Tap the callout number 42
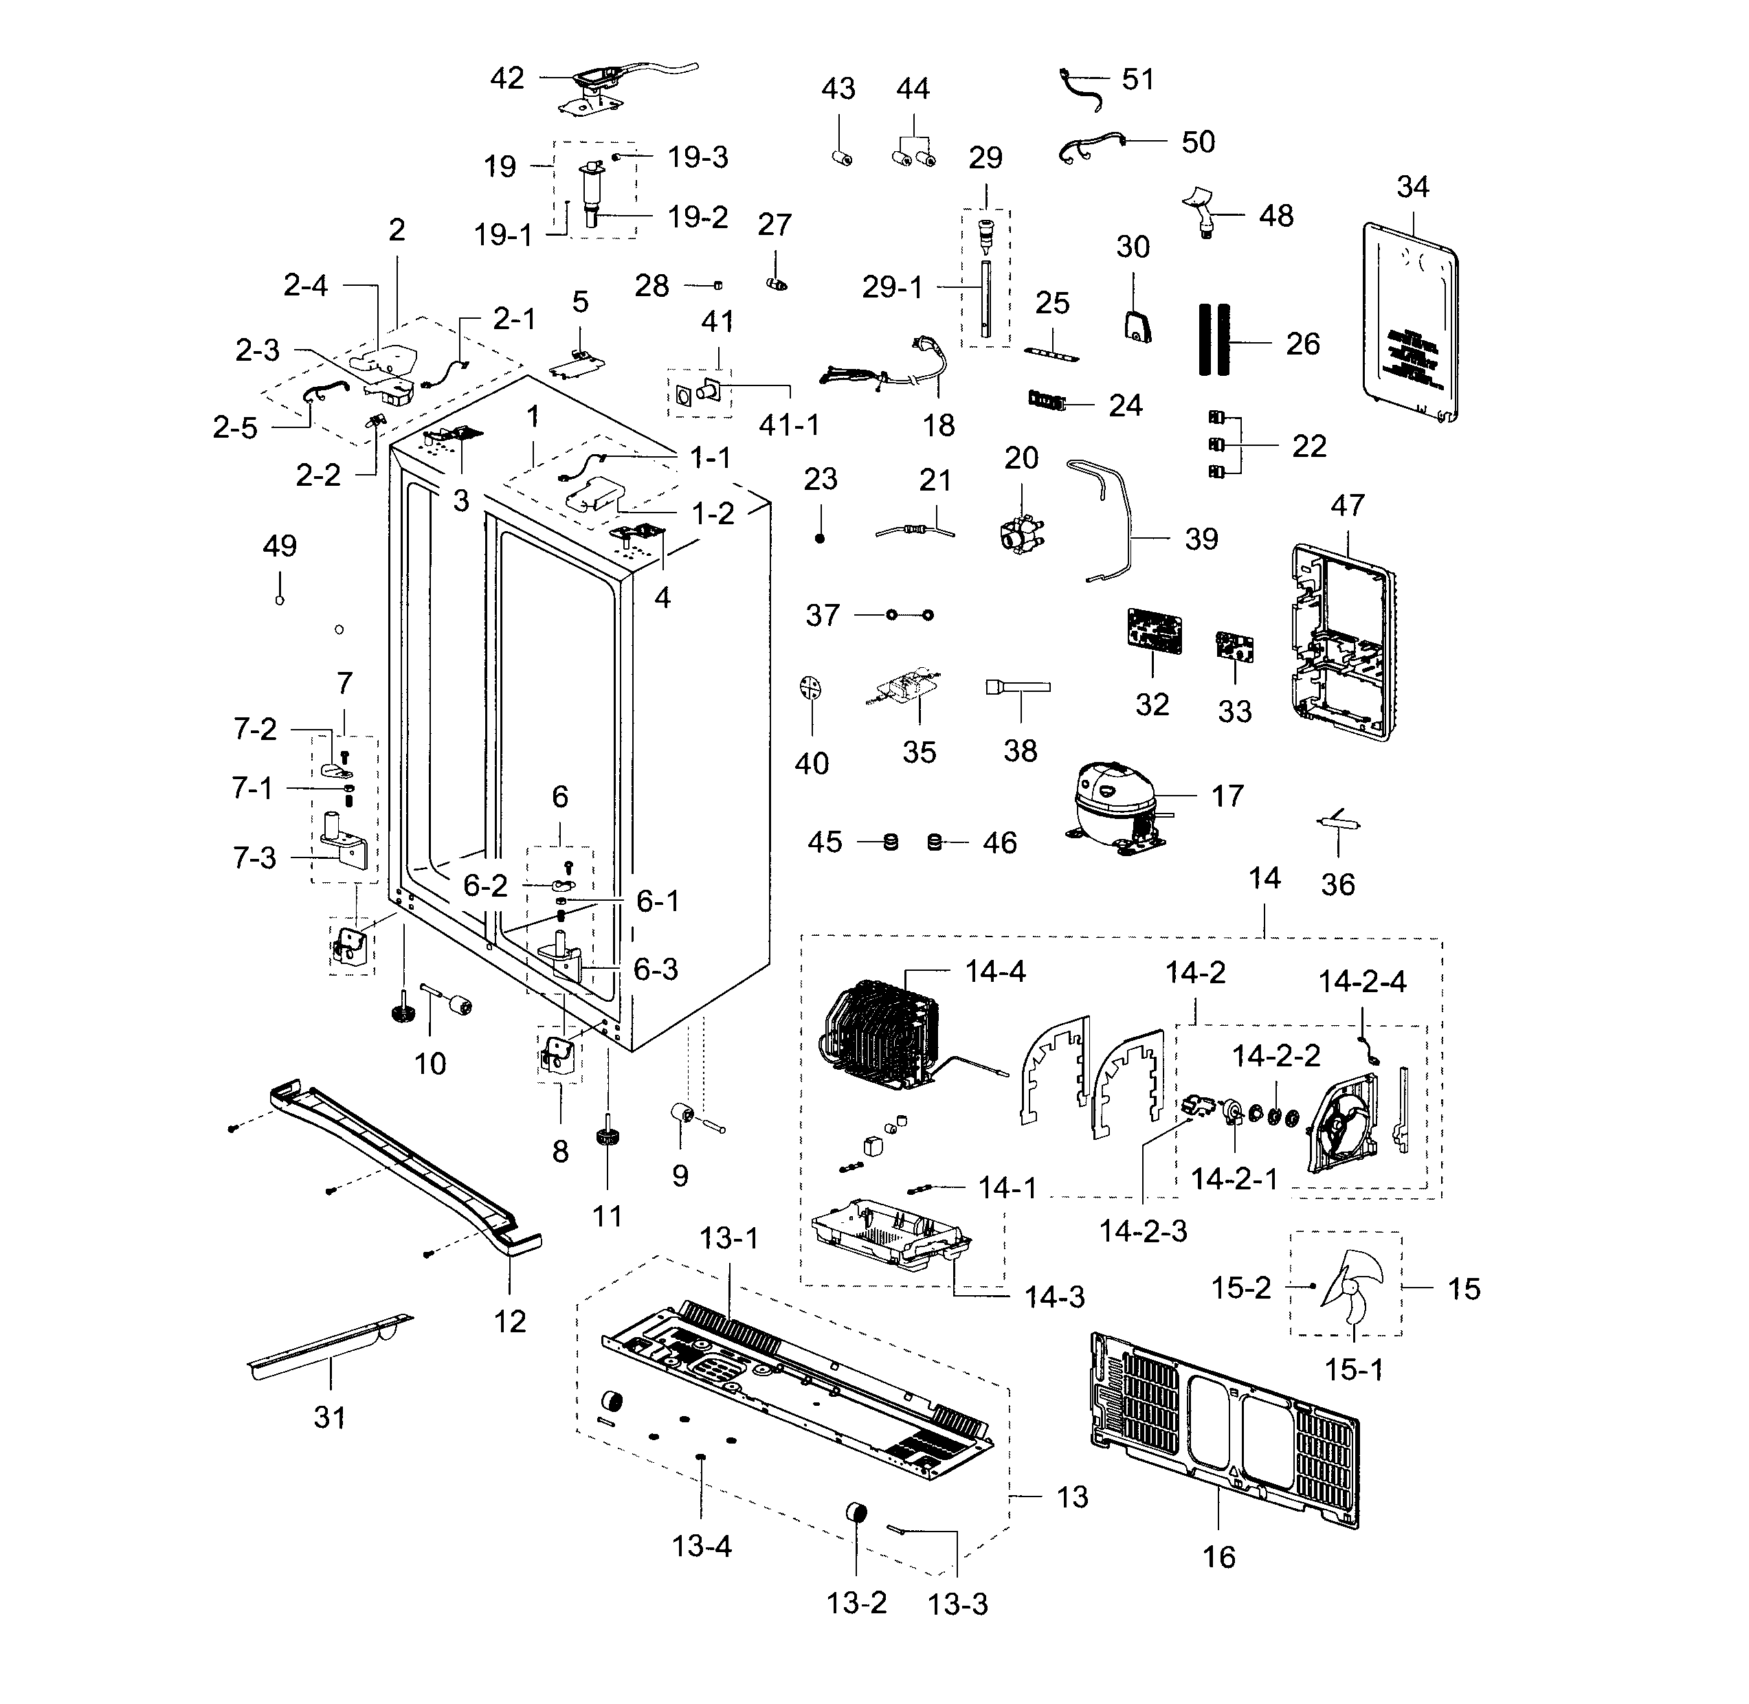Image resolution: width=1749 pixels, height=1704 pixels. click(506, 79)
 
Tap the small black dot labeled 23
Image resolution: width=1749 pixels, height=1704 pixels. click(820, 538)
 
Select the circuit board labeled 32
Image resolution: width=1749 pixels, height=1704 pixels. click(1153, 631)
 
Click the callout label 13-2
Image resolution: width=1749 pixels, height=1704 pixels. click(856, 1602)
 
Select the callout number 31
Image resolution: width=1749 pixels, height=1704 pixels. click(329, 1417)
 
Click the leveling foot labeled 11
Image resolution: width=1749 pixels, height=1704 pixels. click(608, 1143)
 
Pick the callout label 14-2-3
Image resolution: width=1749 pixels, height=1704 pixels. click(1143, 1231)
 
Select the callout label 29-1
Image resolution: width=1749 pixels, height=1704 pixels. click(891, 287)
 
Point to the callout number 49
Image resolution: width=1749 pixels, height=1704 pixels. click(279, 546)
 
